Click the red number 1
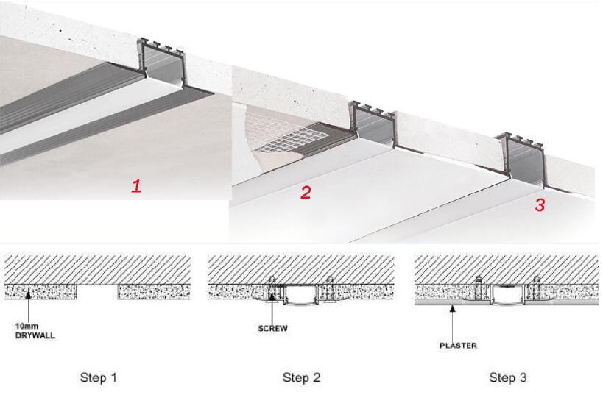pos(136,186)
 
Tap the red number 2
pos(306,193)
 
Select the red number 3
pos(540,204)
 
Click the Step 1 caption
pos(99,377)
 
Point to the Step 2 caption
pos(302,377)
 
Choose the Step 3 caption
pos(507,377)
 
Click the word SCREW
pos(272,329)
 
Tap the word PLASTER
pos(459,346)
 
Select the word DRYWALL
pos(35,335)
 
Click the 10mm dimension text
pos(27,327)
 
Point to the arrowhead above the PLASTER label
pos(454,307)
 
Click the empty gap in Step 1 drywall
pos(98,292)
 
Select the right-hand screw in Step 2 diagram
pos(330,288)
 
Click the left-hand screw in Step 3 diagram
pos(479,288)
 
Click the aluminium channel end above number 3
pos(520,158)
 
